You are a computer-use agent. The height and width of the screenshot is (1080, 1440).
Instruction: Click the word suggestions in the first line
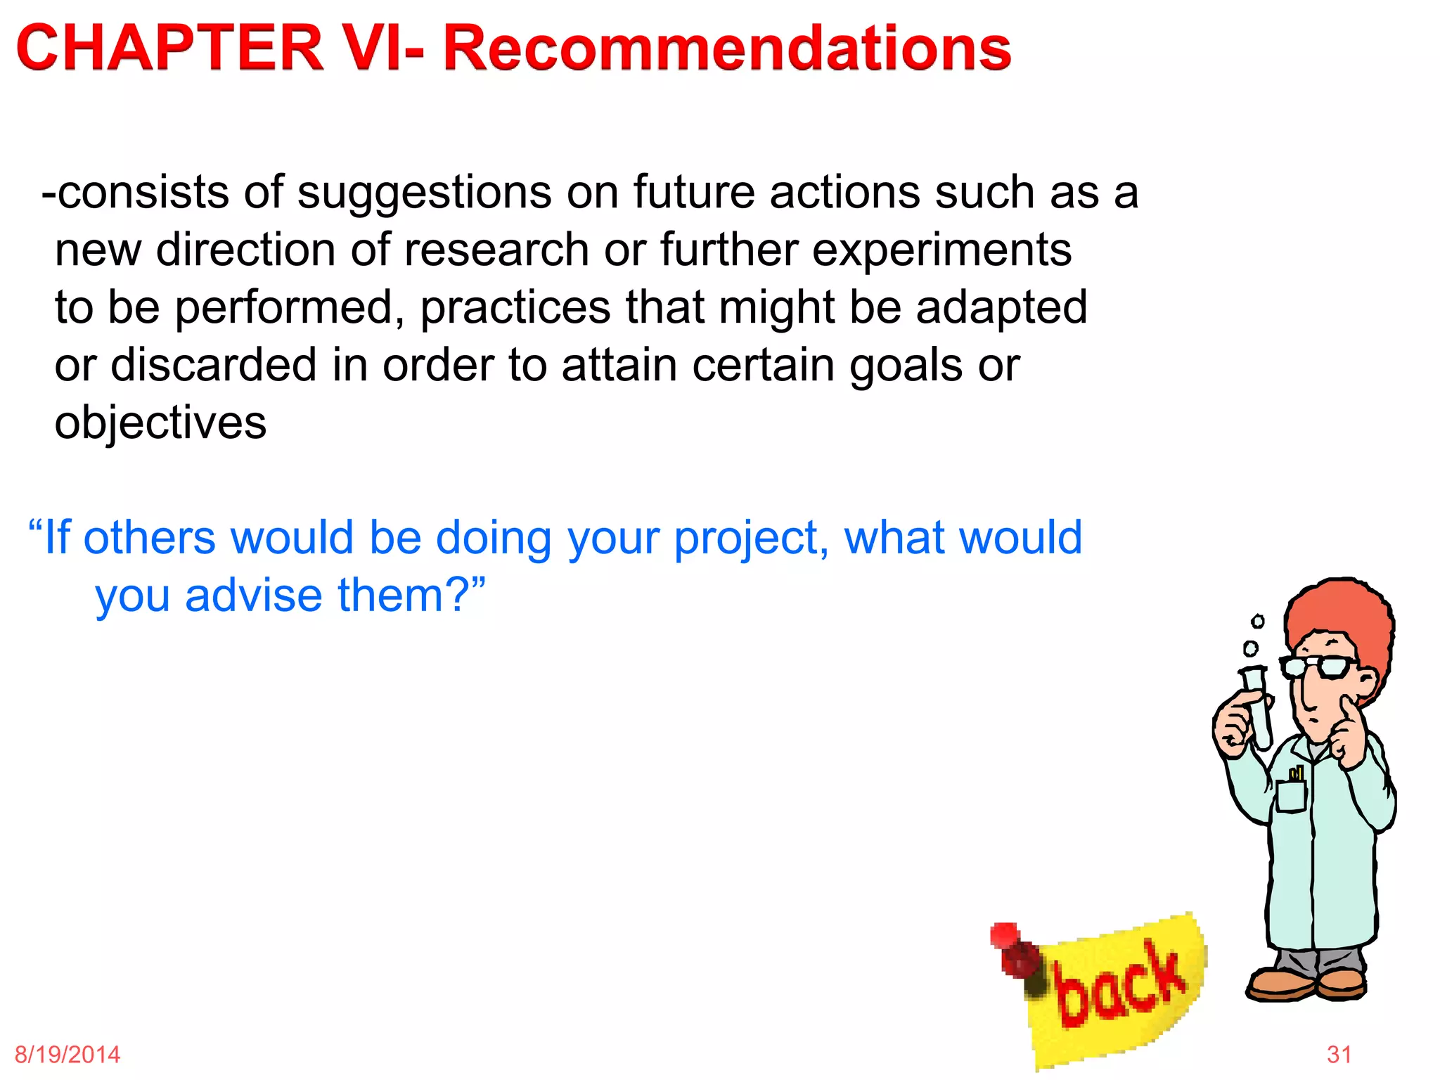[424, 193]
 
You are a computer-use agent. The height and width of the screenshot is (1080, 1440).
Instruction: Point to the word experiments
[941, 251]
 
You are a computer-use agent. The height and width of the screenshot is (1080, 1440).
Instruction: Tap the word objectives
[160, 423]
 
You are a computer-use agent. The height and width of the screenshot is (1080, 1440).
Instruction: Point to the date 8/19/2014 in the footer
[67, 1055]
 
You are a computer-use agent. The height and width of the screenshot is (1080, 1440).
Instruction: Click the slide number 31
[1339, 1055]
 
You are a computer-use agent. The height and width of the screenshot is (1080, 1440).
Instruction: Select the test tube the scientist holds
[1259, 707]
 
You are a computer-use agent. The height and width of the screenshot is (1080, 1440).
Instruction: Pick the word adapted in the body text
[1001, 309]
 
